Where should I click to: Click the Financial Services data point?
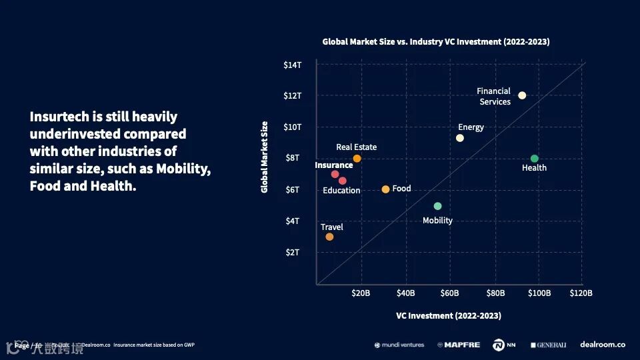pos(522,95)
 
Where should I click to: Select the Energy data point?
pos(459,138)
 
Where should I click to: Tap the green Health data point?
pos(534,159)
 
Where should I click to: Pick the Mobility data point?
pos(437,206)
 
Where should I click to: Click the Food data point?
pos(385,189)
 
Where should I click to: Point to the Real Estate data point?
pos(357,159)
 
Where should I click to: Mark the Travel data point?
pos(329,237)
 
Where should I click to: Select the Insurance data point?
pos(335,174)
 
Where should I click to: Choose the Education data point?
pos(343,181)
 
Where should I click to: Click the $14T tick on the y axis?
pos(292,65)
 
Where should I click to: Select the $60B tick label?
pos(450,293)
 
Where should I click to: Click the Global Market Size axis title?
pos(264,157)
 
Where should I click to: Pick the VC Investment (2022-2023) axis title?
pos(448,315)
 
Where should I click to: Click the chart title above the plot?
pos(436,41)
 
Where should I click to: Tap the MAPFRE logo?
pos(459,345)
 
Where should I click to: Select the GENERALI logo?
pos(549,345)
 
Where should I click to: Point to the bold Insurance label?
pos(333,165)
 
